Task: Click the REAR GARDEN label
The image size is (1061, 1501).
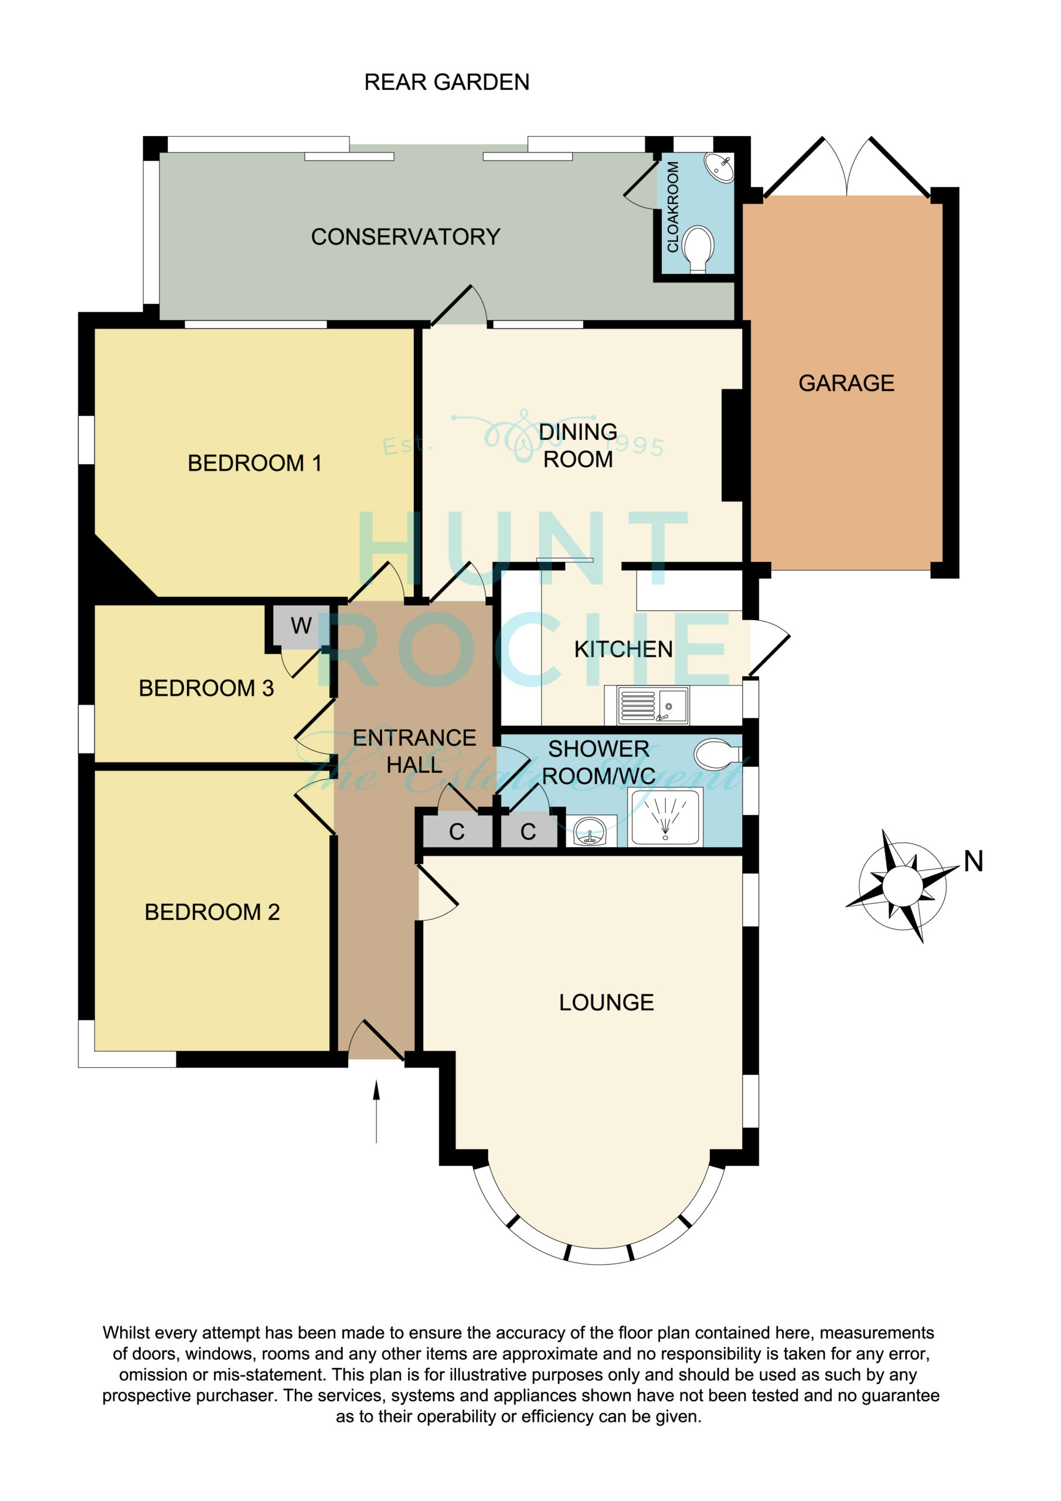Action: pos(447,82)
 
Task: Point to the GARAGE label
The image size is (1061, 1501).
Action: pos(846,383)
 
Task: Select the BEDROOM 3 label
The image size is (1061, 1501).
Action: pos(206,688)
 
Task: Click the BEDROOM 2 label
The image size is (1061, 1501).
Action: pos(212,912)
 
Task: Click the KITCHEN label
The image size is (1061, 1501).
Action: pos(623,649)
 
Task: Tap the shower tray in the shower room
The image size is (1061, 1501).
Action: pos(665,817)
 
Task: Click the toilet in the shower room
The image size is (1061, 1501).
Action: pos(719,755)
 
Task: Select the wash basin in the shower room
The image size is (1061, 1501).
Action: pos(590,831)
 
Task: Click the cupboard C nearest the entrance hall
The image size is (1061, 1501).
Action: pos(457,831)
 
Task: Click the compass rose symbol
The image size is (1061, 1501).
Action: pos(903,886)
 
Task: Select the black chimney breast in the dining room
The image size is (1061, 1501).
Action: pos(732,445)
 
